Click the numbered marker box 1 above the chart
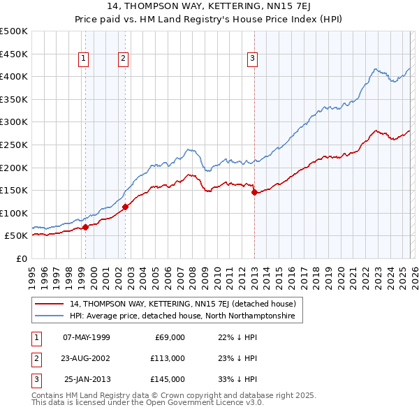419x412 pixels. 83,59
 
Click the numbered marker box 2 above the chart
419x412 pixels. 123,59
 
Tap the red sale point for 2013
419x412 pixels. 254,193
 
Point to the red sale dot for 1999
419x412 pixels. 85,227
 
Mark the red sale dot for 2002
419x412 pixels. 126,207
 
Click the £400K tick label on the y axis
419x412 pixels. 14,76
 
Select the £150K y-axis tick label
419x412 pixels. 14,190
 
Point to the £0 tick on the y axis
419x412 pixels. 21,258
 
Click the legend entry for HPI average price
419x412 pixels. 182,316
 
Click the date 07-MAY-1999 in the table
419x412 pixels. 87,337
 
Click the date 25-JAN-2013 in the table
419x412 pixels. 87,379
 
